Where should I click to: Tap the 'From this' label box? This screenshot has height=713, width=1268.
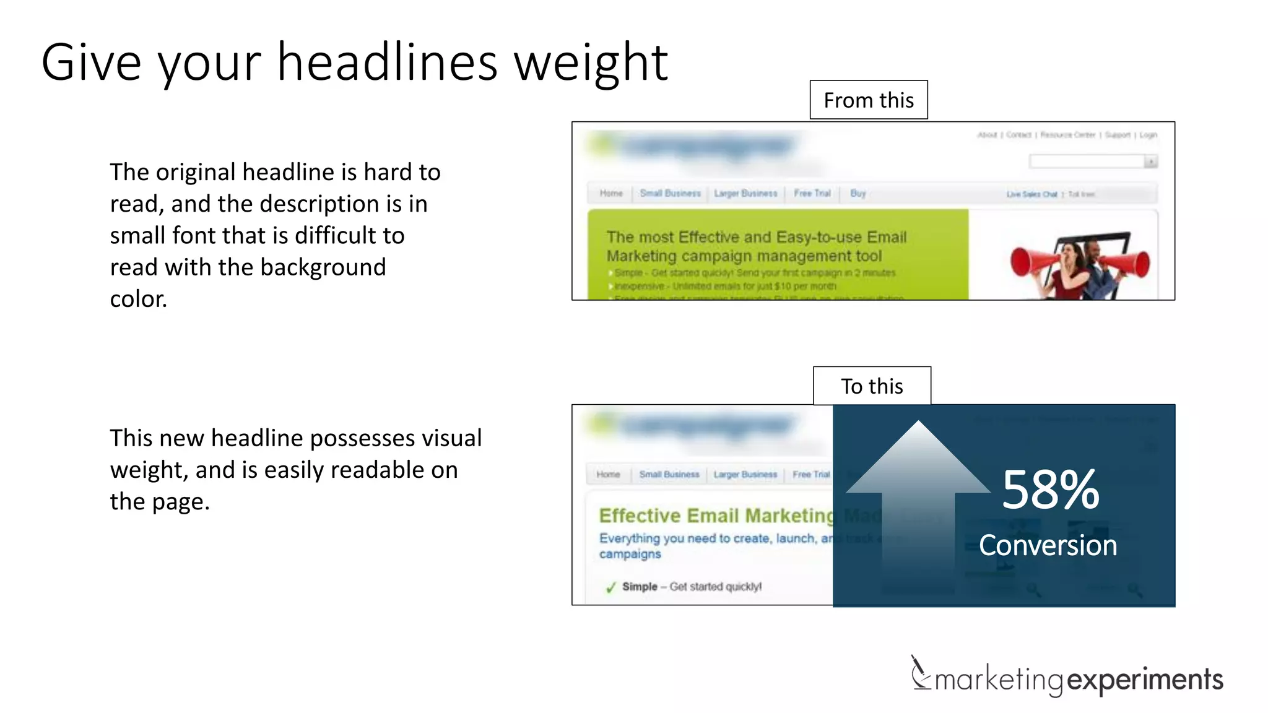868,100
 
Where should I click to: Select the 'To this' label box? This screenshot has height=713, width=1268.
872,386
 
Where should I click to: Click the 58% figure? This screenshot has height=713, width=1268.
1050,490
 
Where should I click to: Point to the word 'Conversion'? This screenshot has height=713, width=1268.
1048,545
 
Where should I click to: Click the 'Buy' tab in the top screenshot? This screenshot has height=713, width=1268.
858,193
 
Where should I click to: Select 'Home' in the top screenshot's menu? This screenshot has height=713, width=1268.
611,193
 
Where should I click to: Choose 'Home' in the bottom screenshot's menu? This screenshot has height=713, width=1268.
608,474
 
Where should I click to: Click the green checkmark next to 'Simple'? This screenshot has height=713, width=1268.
610,587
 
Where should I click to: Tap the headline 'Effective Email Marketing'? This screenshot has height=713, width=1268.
716,516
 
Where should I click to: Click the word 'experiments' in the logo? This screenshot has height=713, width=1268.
1145,680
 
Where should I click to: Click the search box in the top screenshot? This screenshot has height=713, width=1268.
1087,162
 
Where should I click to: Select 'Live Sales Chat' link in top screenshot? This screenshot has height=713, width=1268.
1031,194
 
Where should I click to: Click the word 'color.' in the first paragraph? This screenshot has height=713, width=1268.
139,299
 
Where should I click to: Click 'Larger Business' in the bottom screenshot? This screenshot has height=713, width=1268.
745,474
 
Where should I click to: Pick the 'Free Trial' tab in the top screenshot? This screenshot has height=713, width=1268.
812,193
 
